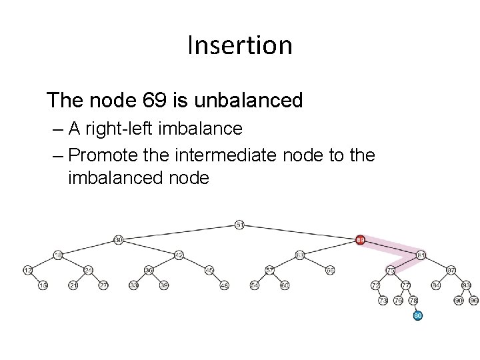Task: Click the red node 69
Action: (360, 239)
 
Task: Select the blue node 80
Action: (418, 315)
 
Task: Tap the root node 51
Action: (239, 225)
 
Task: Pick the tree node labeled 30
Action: (119, 239)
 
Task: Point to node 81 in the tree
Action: (421, 255)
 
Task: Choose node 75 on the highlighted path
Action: (391, 270)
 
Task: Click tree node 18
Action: (58, 255)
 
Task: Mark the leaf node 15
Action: (43, 285)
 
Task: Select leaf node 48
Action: (224, 285)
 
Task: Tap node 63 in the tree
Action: (300, 255)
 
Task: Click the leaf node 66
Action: (330, 270)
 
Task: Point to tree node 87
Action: (451, 270)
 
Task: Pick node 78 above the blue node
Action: (413, 300)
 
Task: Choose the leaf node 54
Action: (255, 285)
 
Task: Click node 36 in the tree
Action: (149, 270)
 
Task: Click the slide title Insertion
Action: (239, 45)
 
